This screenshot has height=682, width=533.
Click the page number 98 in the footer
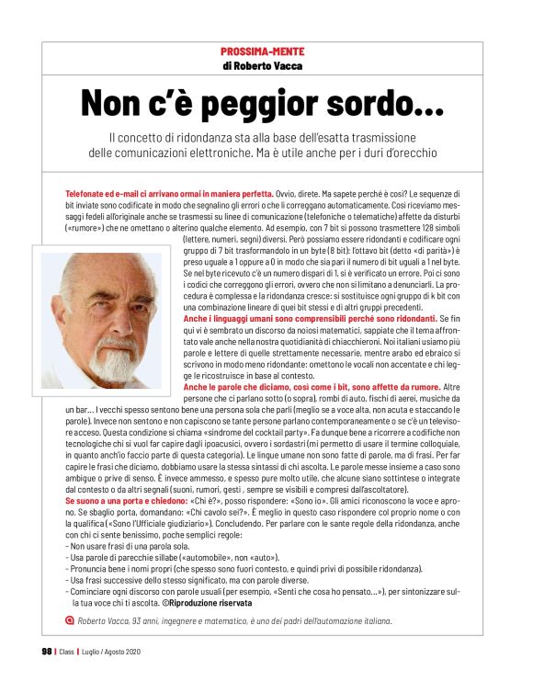(46, 653)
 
